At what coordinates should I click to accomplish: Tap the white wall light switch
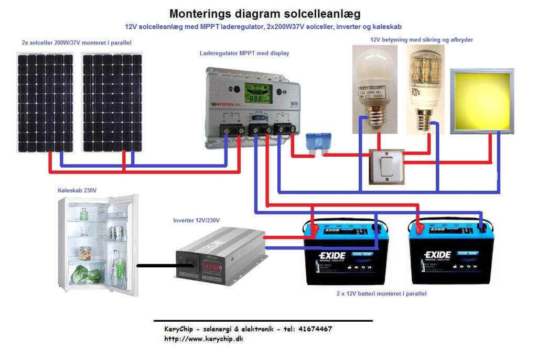(387, 167)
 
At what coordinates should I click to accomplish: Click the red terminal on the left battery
(314, 228)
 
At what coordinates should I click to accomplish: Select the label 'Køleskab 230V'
(77, 191)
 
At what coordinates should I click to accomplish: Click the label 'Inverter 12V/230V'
(196, 220)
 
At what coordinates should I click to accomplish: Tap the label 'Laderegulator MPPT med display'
(244, 53)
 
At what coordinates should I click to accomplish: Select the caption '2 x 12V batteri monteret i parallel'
(381, 294)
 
